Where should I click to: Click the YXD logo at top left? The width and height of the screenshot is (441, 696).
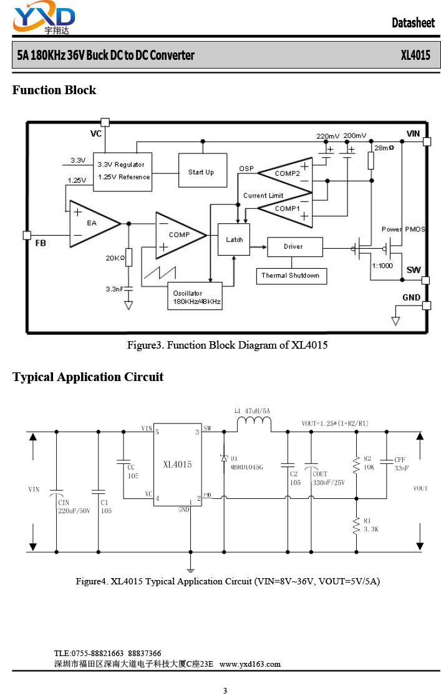point(44,17)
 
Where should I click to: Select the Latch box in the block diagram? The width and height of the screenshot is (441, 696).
point(234,239)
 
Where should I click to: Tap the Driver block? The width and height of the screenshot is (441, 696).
point(295,247)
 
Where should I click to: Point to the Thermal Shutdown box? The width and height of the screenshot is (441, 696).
point(291,276)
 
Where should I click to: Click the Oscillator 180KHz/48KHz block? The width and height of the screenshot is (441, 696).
point(195,296)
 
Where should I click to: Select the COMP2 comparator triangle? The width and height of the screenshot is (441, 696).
point(286,175)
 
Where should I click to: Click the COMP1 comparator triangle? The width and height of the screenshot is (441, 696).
point(286,210)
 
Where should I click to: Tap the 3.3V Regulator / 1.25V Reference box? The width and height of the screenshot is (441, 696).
point(123,172)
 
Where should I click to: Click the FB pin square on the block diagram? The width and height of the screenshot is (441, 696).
point(27,235)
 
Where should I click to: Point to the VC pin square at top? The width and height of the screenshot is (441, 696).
point(105,122)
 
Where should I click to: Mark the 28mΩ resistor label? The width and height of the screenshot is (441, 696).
point(384,148)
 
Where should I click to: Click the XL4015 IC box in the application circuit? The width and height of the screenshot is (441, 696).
point(178,464)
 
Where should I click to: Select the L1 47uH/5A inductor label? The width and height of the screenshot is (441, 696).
point(252,411)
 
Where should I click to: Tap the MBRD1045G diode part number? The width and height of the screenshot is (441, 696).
point(247,467)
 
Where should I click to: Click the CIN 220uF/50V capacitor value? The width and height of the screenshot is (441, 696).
point(74,511)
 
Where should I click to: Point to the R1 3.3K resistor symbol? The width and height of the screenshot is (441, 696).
point(356,525)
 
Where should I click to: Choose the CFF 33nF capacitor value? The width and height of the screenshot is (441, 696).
point(402,468)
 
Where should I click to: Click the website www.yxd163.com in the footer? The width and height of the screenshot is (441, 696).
point(250,664)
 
